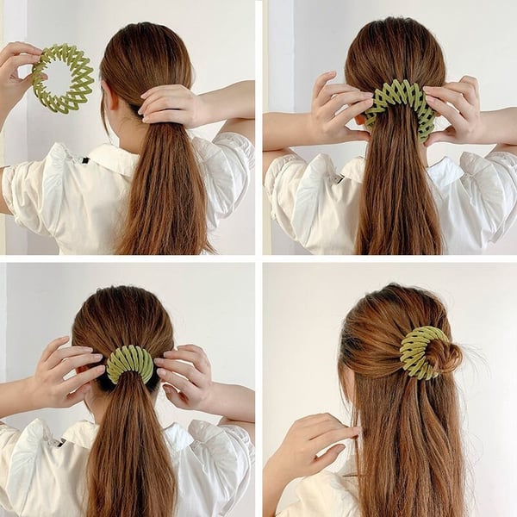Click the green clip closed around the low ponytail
tap(130, 363)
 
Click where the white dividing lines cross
tap(258, 258)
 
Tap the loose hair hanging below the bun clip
tap(405, 448)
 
